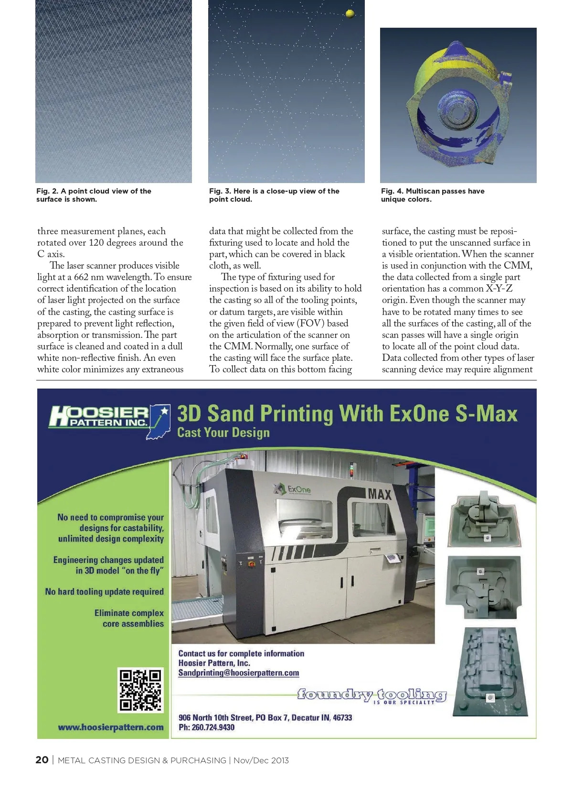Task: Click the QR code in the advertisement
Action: (x=140, y=690)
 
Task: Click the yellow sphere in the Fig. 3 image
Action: (x=350, y=13)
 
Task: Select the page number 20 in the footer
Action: (x=42, y=760)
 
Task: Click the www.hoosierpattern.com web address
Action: (x=111, y=727)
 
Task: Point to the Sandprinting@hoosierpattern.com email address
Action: (x=239, y=673)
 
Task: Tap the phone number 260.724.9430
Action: (x=213, y=727)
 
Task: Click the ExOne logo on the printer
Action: (x=294, y=489)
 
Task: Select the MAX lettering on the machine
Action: (x=380, y=494)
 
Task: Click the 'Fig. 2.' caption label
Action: (x=47, y=191)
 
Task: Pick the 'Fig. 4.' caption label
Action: (x=392, y=191)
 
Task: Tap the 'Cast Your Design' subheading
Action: (x=223, y=433)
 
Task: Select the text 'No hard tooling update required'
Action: (x=105, y=592)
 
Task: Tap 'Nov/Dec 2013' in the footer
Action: (x=261, y=760)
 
